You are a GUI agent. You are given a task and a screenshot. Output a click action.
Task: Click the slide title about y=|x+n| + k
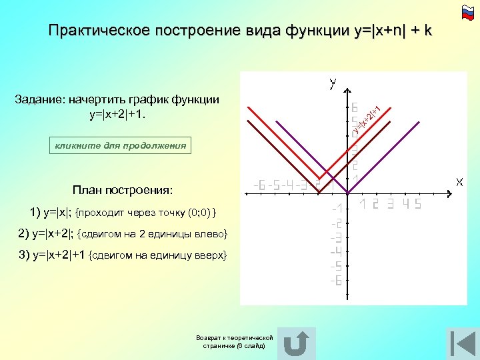click(240, 31)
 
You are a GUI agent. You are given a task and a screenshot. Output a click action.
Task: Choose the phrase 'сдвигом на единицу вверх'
click(158, 255)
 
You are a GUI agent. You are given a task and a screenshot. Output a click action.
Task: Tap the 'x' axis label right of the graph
click(460, 181)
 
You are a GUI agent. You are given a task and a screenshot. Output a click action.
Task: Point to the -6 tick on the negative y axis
click(336, 281)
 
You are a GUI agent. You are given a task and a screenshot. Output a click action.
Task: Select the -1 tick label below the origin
click(337, 208)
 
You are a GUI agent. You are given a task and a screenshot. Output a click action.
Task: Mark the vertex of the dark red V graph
click(319, 189)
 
